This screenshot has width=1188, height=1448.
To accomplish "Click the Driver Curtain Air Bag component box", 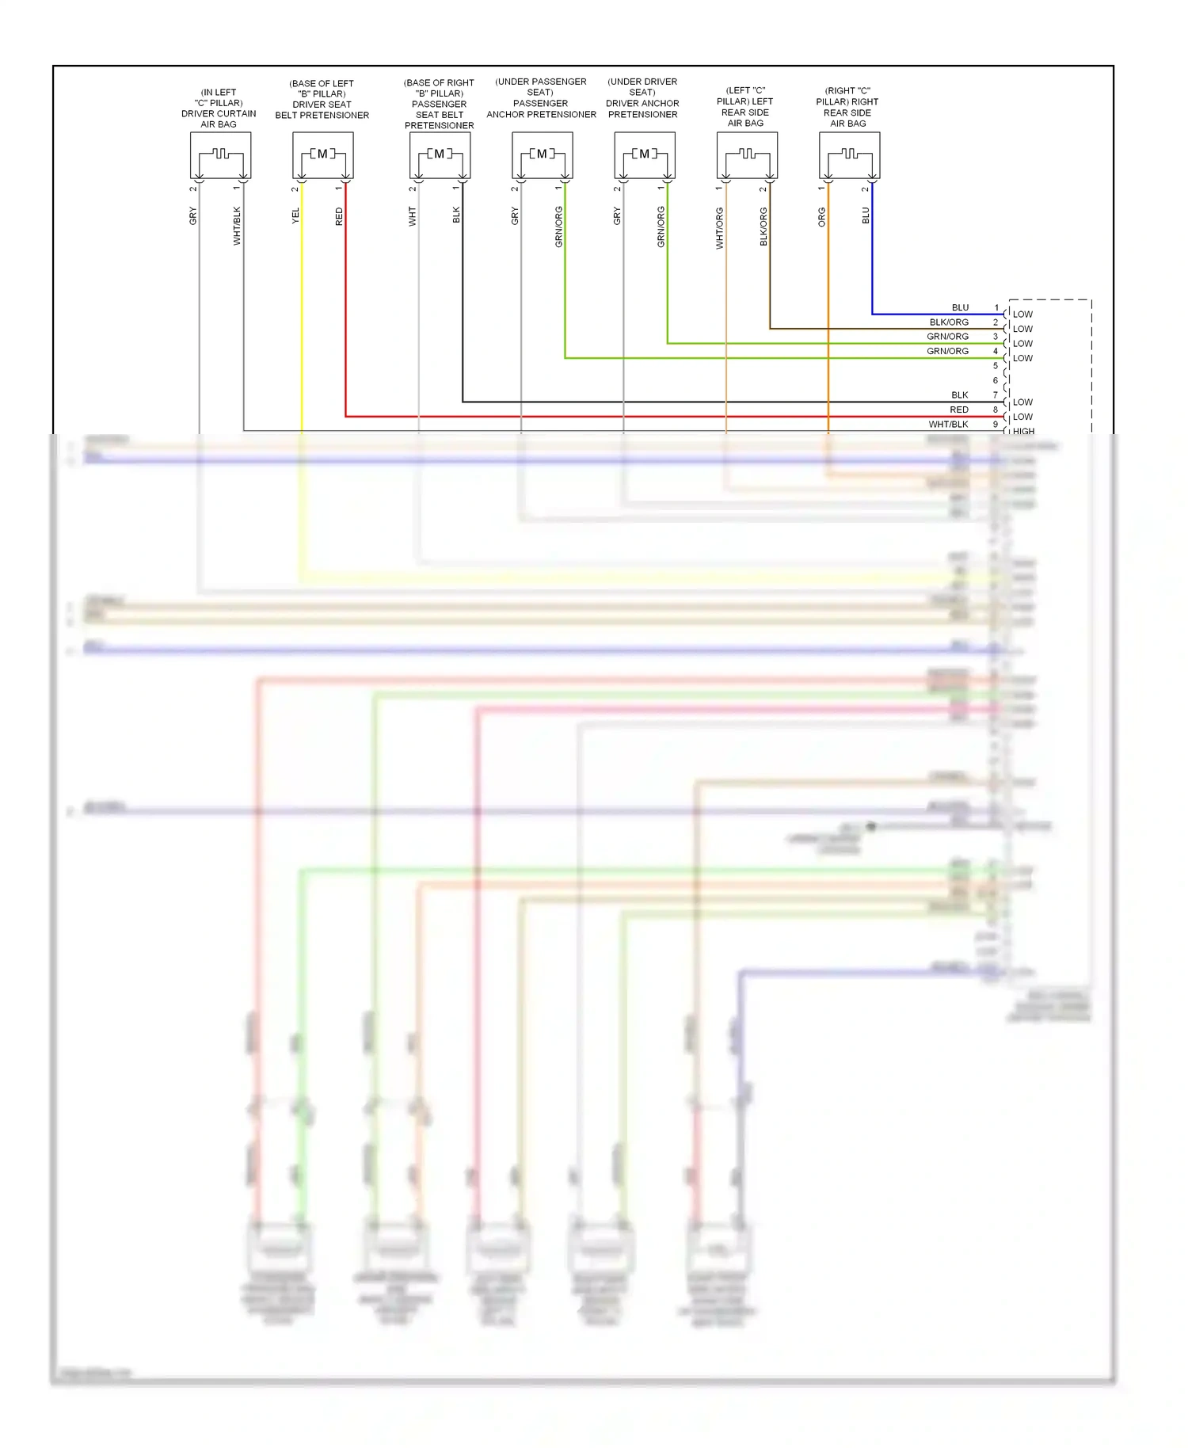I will point(220,155).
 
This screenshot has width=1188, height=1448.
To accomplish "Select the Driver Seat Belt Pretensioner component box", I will point(322,155).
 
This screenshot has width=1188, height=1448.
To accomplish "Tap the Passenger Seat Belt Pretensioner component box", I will point(440,155).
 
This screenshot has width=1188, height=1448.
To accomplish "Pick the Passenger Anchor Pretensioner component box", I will point(542,155).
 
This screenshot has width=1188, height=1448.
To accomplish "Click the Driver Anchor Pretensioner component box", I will point(644,155).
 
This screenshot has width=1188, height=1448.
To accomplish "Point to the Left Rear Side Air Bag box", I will point(746,155).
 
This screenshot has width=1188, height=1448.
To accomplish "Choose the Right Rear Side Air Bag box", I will point(849,155).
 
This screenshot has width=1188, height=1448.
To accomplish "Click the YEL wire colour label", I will point(295,215).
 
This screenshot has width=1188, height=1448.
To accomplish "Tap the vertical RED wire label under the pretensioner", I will point(339,216).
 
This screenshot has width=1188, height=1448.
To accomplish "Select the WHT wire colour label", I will point(412,216).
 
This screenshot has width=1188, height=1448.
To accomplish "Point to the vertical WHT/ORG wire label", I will point(719,228).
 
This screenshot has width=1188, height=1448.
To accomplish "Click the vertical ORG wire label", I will point(821,217).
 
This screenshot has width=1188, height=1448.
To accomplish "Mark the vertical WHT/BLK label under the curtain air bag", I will point(236,226).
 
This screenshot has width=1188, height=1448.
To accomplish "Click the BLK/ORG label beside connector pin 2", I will point(949,322).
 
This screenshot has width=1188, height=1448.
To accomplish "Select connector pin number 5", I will point(996,366).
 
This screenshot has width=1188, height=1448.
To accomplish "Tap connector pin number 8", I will point(996,410).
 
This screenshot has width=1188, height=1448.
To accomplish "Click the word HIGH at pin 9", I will point(1023,432).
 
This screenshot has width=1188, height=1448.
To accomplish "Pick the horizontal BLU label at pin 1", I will point(960,307).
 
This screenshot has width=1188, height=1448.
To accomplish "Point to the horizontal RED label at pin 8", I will point(958,410).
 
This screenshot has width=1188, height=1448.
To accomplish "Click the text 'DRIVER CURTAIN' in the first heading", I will point(219,113).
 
